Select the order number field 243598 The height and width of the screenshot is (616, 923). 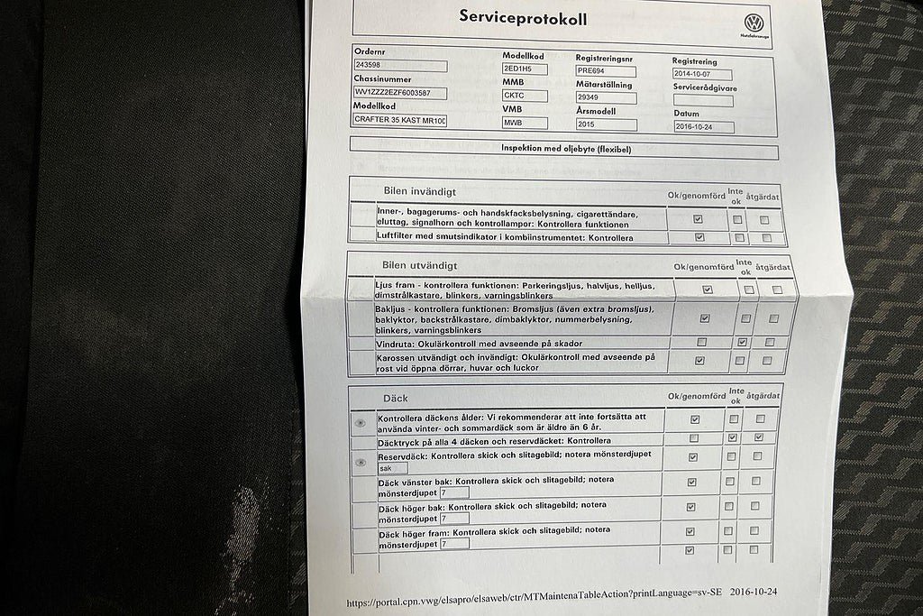tap(400, 66)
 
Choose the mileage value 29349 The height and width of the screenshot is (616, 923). tap(606, 97)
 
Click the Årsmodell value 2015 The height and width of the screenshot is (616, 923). tap(606, 124)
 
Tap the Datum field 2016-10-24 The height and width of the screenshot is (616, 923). tap(703, 127)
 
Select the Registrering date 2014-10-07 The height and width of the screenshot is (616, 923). tap(702, 75)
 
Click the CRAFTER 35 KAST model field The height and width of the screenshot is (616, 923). tap(400, 120)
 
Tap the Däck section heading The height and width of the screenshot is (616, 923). tap(396, 398)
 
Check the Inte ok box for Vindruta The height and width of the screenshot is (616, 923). tap(742, 343)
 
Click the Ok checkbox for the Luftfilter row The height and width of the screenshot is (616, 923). tap(699, 237)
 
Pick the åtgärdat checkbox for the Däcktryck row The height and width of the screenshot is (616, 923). tap(759, 437)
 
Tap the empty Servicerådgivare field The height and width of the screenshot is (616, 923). tap(702, 101)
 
